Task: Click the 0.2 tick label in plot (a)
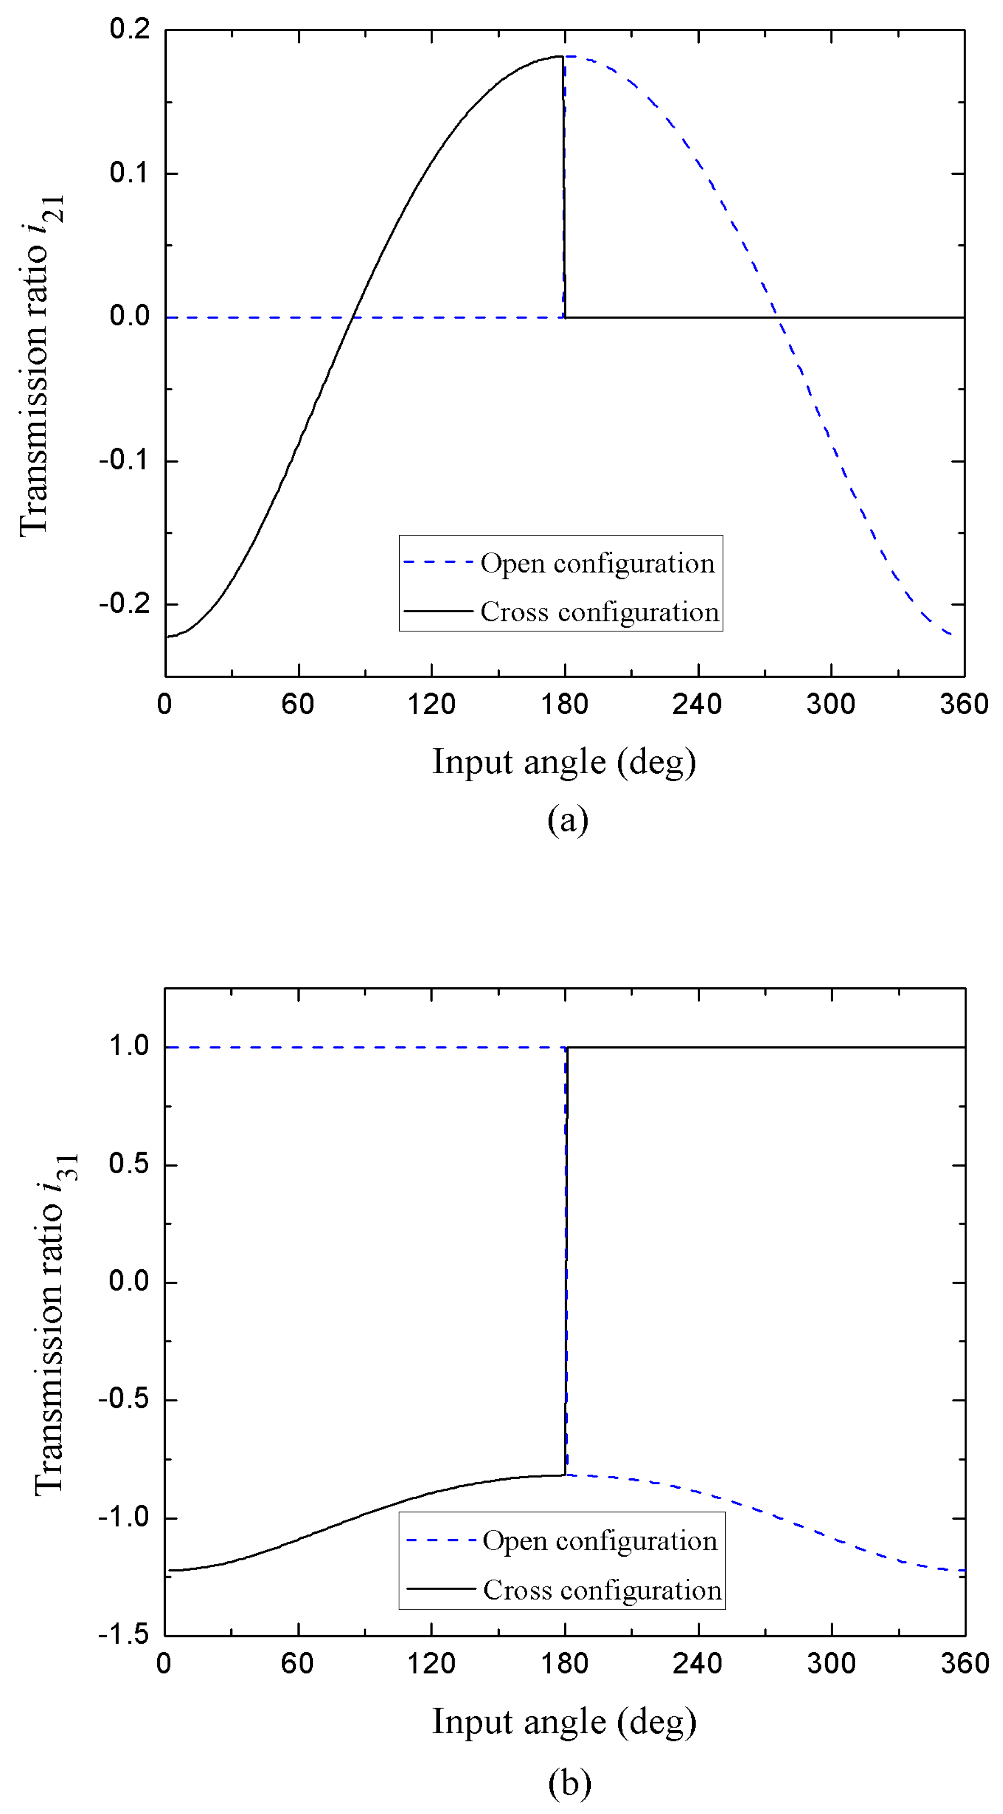pos(130,30)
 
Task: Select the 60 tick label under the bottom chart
pos(297,1664)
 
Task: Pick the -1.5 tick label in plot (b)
pos(125,1634)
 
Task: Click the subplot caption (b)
pos(569,1782)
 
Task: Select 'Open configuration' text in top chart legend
pos(597,563)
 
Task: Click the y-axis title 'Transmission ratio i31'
pos(56,1324)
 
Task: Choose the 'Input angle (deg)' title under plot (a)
pos(564,762)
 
